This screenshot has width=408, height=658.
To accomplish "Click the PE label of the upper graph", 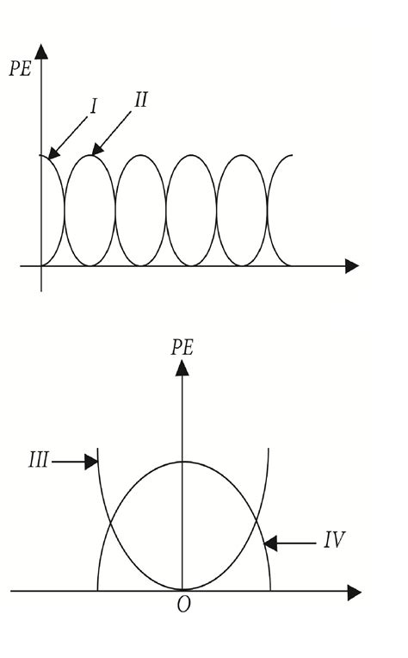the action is (x=21, y=68).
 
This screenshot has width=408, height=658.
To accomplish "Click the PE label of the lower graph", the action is (x=182, y=347).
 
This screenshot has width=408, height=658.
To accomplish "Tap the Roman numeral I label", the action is (x=94, y=106).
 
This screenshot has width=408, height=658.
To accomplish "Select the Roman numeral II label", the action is (x=141, y=100).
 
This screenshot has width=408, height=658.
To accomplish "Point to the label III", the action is (x=39, y=460).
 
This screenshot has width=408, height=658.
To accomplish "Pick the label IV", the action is (x=335, y=540).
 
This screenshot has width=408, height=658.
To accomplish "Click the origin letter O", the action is (x=183, y=605).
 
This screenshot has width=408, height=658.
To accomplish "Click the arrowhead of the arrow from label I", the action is (x=53, y=153).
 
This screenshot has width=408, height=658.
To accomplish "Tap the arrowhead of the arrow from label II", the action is (x=97, y=149).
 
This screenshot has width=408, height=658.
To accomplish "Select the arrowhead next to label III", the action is (x=91, y=462).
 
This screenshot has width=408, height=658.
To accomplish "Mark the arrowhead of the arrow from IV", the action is (x=270, y=543).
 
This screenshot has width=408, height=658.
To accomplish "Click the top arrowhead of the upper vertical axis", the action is (x=41, y=51).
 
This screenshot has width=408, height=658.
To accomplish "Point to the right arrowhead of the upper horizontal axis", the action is (x=352, y=266).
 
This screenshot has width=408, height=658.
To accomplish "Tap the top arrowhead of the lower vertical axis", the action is (x=182, y=368).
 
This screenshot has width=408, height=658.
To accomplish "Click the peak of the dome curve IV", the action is (x=182, y=462).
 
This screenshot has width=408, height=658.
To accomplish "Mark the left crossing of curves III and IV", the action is (x=110, y=523).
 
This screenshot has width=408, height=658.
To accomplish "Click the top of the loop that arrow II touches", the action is (x=90, y=155).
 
